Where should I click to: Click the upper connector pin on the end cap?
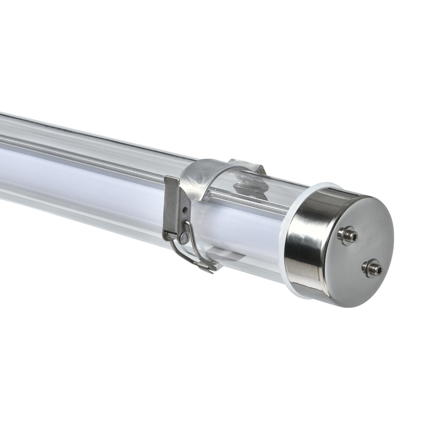(348, 235)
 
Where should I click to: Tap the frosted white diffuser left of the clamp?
(79, 174)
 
